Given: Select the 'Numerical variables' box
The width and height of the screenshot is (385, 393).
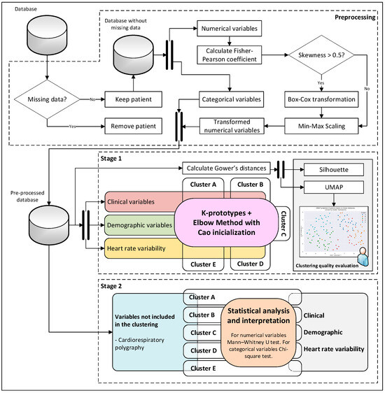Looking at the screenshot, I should tap(229, 29).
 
